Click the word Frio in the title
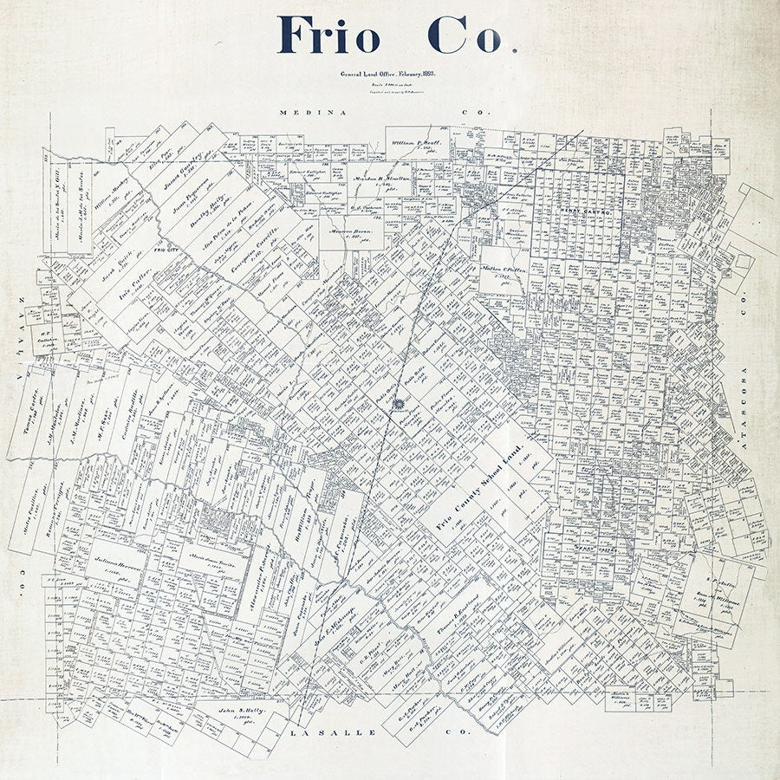pyautogui.click(x=328, y=35)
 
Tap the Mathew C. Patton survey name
pyautogui.click(x=504, y=270)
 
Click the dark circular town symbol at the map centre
pyautogui.click(x=398, y=405)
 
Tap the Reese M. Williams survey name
pyautogui.click(x=710, y=600)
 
